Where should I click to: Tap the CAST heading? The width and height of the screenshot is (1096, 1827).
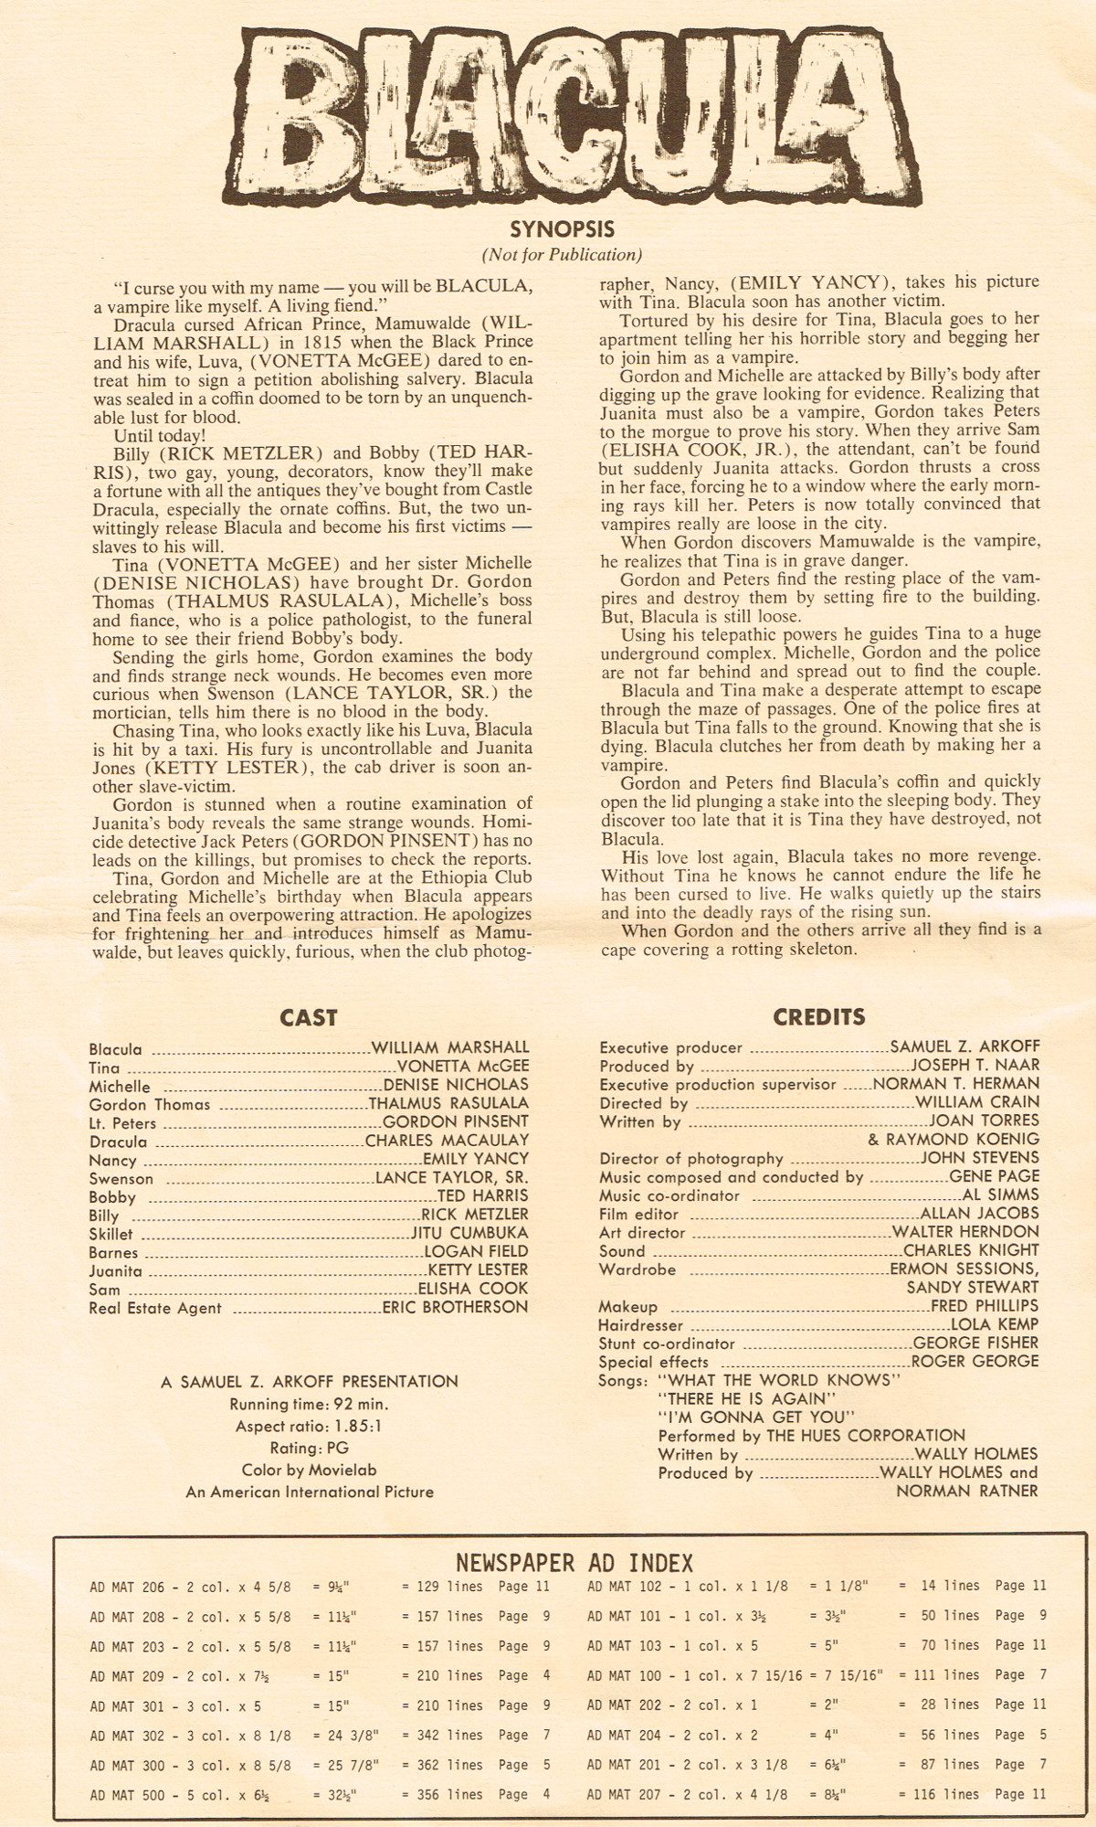click(309, 1018)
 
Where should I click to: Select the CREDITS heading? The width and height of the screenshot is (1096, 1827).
click(819, 1017)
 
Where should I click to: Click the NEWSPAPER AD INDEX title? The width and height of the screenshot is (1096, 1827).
click(574, 1563)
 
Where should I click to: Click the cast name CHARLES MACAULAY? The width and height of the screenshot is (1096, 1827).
click(447, 1141)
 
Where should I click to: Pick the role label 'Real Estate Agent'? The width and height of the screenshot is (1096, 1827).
click(155, 1308)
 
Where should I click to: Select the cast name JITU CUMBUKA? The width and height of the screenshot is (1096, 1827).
click(469, 1233)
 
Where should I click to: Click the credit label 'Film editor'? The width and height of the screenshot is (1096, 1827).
click(638, 1214)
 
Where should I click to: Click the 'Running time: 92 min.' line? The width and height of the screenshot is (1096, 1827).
click(309, 1404)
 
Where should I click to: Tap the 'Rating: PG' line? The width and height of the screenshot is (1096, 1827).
click(309, 1448)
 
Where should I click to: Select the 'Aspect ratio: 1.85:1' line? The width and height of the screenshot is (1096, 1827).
click(309, 1426)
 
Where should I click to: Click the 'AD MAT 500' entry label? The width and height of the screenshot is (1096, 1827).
click(128, 1795)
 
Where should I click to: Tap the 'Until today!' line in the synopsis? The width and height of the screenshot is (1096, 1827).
click(161, 436)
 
